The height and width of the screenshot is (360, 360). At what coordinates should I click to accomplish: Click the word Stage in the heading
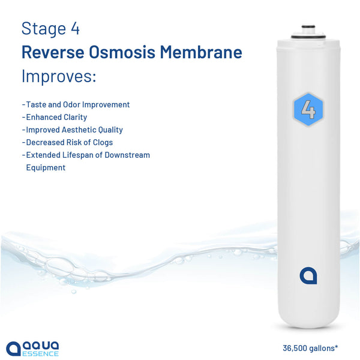click(44, 29)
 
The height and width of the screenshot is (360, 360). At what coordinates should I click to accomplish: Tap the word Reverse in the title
click(53, 52)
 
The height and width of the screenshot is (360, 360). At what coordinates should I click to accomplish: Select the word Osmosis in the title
click(122, 52)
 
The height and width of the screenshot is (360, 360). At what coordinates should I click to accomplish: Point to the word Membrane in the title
click(201, 52)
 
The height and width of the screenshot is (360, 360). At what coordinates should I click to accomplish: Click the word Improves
click(59, 76)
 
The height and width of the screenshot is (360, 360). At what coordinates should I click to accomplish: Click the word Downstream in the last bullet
click(127, 155)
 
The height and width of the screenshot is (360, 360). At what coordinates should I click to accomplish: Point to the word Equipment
click(46, 167)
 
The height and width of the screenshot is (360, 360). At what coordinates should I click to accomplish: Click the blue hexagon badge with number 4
click(308, 109)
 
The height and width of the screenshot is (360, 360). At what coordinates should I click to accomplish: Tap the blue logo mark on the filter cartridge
click(308, 276)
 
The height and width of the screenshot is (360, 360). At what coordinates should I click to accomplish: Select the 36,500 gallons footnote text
click(310, 348)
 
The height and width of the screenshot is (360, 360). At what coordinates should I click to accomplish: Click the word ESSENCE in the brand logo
click(40, 353)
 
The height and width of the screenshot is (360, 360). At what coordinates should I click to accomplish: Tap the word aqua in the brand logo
click(41, 346)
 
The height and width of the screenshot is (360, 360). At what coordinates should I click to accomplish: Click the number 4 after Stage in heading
click(75, 29)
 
